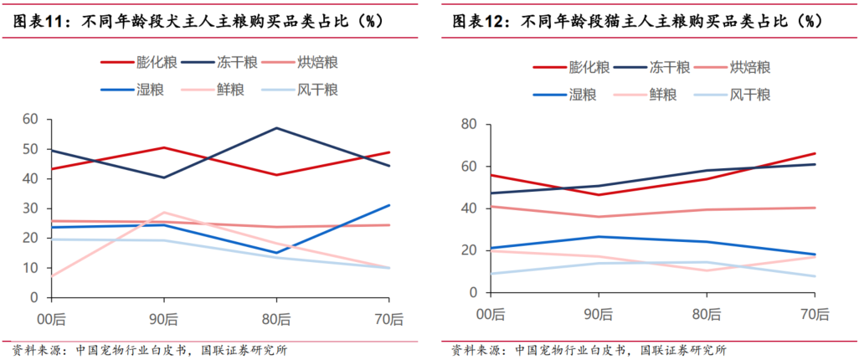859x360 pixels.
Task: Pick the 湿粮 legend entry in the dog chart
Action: coord(135,88)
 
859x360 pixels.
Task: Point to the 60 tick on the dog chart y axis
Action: coord(30,119)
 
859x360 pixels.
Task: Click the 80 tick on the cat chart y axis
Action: coord(470,125)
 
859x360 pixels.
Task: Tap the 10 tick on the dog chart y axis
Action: coord(30,268)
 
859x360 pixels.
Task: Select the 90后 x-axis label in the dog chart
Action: coord(163,317)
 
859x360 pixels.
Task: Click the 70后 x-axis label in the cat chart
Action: coord(815,314)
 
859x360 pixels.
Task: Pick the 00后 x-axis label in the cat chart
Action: coord(491,314)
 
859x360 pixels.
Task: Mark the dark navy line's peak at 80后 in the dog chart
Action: coord(275,128)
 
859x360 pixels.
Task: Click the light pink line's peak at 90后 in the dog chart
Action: coord(163,213)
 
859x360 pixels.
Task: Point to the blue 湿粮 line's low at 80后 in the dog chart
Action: coord(275,253)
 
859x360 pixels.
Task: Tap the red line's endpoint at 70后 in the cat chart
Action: coord(815,153)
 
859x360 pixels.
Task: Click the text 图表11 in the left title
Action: coord(43,22)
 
